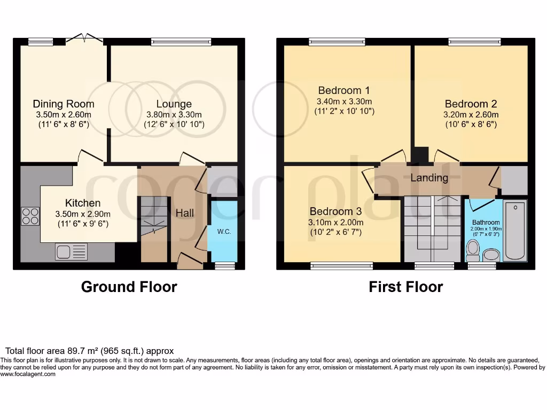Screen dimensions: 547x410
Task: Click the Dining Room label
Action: (64, 104)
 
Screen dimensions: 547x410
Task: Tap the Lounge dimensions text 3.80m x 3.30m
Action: (174, 114)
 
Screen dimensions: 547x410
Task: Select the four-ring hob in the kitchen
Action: (30, 217)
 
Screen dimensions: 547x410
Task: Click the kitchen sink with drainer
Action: (71, 251)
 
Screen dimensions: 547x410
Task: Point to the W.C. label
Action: (224, 232)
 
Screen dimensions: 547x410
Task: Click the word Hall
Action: (184, 212)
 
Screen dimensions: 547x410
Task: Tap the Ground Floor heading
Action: (129, 287)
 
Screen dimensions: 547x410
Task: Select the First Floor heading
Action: (406, 287)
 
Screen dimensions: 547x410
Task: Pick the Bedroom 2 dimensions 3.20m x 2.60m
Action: (471, 114)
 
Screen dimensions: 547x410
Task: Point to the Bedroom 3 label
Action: (335, 211)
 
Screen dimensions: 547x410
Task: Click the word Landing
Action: (429, 178)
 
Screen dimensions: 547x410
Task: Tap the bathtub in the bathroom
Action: (515, 231)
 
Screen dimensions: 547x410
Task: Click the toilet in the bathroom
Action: (473, 251)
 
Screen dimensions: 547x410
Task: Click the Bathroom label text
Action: (486, 222)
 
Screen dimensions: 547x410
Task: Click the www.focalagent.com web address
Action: (28, 374)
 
